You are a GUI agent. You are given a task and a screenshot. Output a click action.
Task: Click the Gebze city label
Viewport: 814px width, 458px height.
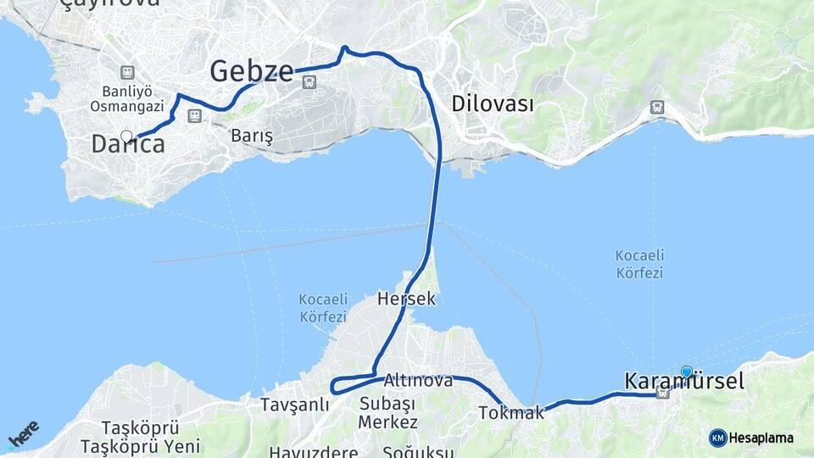tap(252, 71)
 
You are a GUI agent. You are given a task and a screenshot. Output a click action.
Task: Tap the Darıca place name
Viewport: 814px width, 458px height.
tap(128, 144)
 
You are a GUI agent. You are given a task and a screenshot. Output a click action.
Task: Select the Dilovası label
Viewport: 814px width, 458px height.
tap(493, 104)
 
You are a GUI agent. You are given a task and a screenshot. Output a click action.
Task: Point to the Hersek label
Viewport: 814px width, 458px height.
tap(407, 299)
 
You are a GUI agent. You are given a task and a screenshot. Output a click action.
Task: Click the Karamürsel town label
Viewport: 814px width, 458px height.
tap(684, 382)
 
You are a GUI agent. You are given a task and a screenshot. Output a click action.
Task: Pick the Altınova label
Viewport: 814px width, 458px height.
tap(418, 380)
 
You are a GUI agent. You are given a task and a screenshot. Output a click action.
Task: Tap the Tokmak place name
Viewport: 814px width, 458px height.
tap(511, 413)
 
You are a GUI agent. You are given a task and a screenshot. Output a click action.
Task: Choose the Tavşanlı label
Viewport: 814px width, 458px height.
tap(294, 404)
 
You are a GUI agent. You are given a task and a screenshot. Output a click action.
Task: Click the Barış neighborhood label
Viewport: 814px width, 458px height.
tap(252, 136)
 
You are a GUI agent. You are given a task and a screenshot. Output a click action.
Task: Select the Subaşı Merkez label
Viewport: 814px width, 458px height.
tap(387, 412)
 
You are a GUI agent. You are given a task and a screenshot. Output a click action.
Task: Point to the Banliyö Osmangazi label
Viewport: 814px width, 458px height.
tap(126, 98)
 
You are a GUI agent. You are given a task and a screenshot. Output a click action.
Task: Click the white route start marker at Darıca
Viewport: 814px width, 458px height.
tap(126, 136)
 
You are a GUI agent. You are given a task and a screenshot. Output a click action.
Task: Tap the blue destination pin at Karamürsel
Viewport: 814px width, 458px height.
tap(686, 371)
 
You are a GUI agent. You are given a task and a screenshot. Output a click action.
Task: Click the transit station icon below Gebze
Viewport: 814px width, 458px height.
tap(309, 82)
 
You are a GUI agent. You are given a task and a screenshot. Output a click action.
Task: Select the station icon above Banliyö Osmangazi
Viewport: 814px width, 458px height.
tap(127, 73)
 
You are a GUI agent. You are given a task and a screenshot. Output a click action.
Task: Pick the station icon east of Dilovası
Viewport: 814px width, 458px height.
tap(656, 107)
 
